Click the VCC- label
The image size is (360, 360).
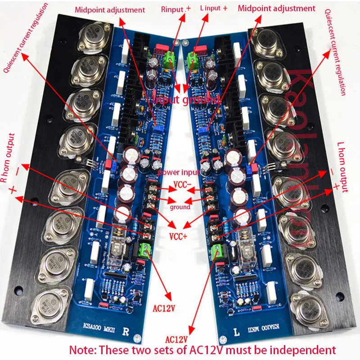(x=181, y=185)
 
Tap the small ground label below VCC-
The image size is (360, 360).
(x=180, y=207)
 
